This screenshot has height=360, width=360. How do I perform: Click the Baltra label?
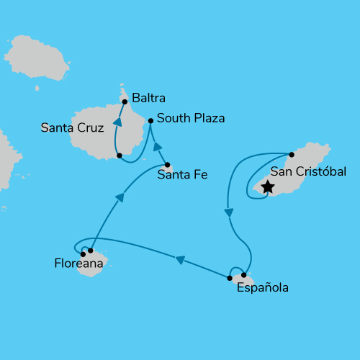pos(149,95)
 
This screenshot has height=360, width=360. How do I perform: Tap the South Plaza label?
pos(191,118)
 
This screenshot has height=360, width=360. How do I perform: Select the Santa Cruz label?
pos(73,128)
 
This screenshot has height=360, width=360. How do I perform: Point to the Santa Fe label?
pos(182,173)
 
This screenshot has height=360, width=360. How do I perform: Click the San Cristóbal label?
pos(308,171)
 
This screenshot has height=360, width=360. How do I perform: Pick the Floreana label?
pos(78,264)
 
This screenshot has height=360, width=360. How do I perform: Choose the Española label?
pos(262,288)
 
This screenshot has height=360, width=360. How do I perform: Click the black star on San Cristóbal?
pos(267,187)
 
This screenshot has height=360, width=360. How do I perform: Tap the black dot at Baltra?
pos(125,102)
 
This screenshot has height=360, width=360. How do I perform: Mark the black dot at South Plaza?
pos(150,121)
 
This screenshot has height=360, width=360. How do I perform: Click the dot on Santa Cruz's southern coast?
pos(119,155)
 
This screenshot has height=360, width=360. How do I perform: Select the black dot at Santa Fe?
pos(168,165)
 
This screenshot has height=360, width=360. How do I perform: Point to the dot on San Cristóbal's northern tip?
pos(292,154)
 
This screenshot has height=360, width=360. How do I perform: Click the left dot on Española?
pos(230,278)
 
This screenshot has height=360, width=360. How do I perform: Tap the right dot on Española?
pos(244,275)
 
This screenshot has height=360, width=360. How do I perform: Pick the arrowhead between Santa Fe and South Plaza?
pos(158,147)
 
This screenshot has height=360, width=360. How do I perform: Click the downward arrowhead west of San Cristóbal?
pos(228,212)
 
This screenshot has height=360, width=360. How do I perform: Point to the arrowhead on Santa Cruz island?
pos(117,122)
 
